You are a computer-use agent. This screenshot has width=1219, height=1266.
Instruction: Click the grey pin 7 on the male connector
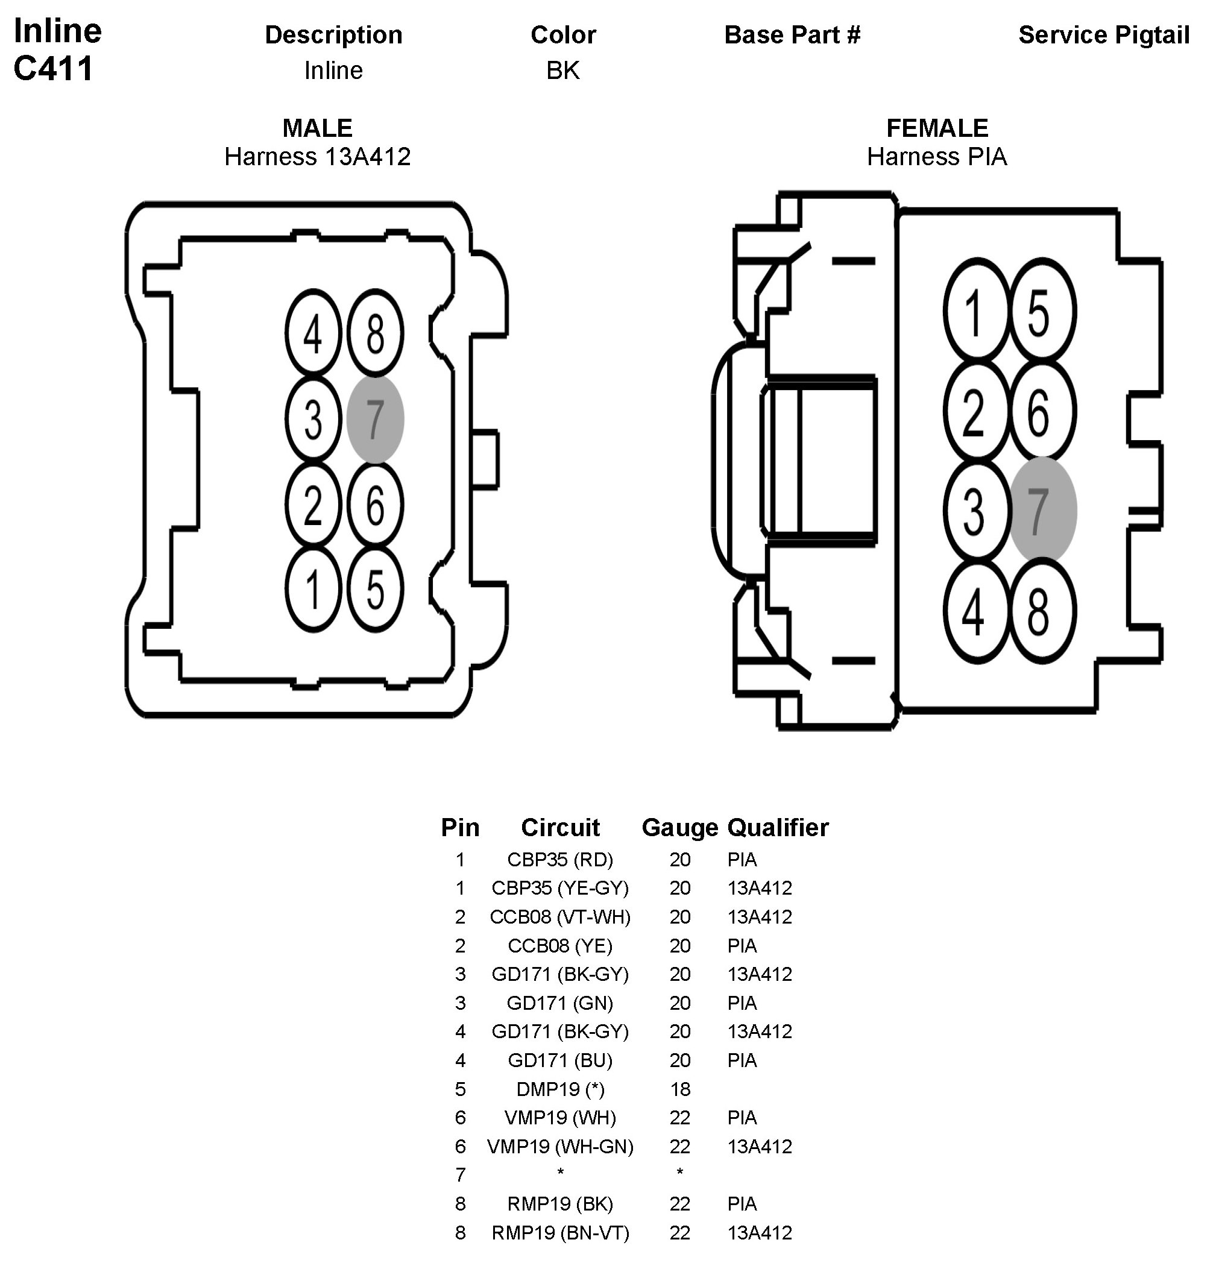(x=376, y=419)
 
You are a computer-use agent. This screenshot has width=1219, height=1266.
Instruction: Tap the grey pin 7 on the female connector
(x=1042, y=509)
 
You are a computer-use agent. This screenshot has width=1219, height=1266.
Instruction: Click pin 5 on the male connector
(x=376, y=589)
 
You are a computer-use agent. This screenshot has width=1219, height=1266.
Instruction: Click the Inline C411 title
(x=57, y=49)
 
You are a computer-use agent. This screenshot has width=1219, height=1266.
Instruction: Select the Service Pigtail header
(x=1103, y=35)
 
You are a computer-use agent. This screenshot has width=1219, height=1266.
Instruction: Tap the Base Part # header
(x=792, y=35)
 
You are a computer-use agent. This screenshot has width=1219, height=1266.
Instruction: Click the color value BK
(x=562, y=71)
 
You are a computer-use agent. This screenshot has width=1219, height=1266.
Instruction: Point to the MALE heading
(x=317, y=128)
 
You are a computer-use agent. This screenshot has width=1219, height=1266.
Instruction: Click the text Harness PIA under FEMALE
(x=937, y=157)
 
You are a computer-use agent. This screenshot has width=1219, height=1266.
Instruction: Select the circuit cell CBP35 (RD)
(x=559, y=860)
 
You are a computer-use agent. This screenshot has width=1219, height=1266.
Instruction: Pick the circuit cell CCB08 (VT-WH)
(x=559, y=917)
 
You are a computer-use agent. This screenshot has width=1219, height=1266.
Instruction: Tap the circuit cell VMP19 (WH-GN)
(x=559, y=1147)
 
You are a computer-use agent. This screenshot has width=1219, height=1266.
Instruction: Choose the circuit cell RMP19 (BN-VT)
(x=559, y=1233)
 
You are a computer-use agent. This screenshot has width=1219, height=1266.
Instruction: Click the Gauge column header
(x=679, y=827)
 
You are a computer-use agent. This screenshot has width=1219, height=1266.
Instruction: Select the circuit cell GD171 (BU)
(x=559, y=1060)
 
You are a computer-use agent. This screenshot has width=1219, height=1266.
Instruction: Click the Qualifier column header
(x=778, y=827)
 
